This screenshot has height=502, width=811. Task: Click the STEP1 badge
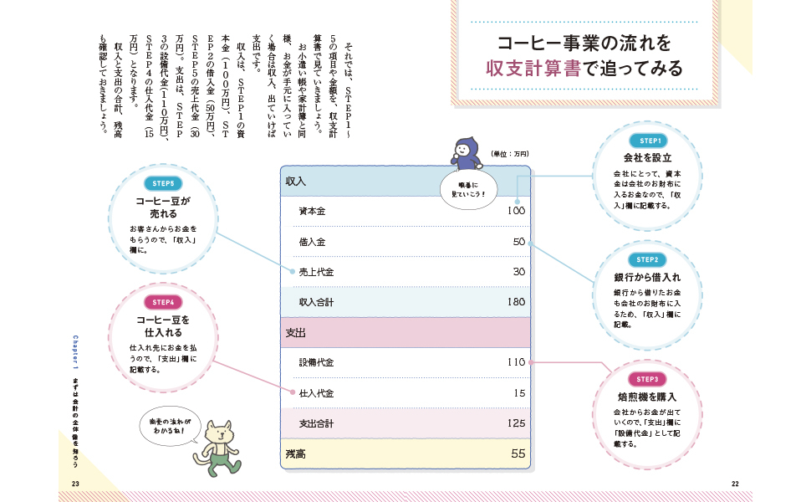(649, 141)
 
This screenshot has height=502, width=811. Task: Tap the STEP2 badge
(647, 260)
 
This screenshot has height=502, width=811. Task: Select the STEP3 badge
(647, 379)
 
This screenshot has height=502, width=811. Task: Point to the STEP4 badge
(163, 302)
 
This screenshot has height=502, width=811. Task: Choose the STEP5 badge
(163, 183)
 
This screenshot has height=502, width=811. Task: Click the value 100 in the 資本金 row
(516, 211)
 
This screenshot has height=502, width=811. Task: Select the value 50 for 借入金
(518, 242)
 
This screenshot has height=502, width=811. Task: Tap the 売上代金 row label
(316, 272)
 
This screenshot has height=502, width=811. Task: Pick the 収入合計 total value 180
(516, 302)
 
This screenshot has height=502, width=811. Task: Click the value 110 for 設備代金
(516, 362)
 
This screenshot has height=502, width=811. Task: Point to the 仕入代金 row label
(316, 393)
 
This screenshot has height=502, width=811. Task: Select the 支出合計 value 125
(516, 423)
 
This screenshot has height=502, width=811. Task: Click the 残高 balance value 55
(518, 453)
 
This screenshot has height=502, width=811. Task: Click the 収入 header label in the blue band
(296, 182)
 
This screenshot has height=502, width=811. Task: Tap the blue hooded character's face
(462, 151)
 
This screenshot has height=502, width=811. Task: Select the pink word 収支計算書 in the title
(533, 69)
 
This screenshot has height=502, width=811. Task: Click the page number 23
(75, 484)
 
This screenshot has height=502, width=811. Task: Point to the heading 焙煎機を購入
(647, 397)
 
